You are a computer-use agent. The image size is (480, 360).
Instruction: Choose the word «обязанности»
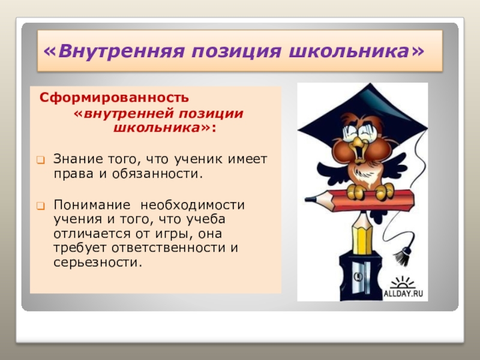tap(160, 173)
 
